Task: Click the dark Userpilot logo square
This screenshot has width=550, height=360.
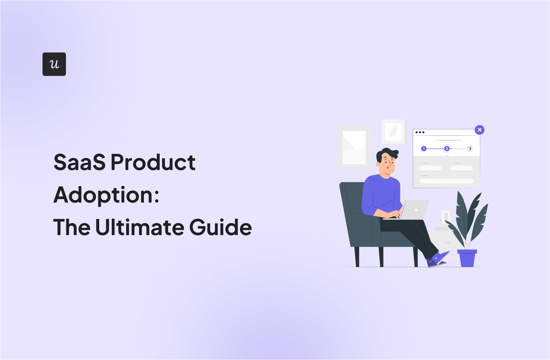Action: click(x=54, y=64)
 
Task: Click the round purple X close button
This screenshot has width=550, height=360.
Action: click(x=480, y=130)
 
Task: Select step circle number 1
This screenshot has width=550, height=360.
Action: click(x=424, y=149)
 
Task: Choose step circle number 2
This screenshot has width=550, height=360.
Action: click(x=447, y=149)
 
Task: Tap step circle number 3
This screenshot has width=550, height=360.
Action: click(x=470, y=149)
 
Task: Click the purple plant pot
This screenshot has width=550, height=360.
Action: click(x=467, y=258)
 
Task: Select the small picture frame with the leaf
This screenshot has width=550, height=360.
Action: click(x=394, y=132)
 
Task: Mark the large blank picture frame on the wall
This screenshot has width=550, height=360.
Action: click(x=354, y=147)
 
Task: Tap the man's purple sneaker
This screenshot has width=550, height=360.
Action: click(x=437, y=260)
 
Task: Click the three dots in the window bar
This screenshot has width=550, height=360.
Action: click(x=420, y=133)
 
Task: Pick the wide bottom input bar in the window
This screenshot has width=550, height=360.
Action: click(x=447, y=181)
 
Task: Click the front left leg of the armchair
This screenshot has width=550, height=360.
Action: click(x=357, y=257)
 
